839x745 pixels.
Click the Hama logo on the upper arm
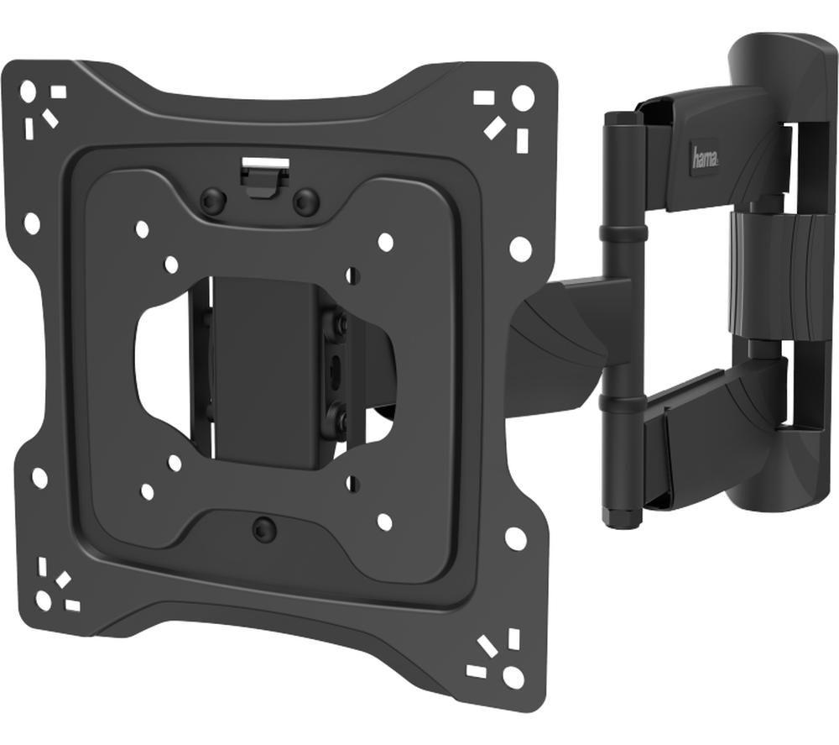(x=704, y=156)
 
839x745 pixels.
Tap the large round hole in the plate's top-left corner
(x=28, y=90)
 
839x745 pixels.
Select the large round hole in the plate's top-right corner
(x=523, y=97)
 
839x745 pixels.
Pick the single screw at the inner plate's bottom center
(x=264, y=529)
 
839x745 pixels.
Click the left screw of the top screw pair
(x=213, y=201)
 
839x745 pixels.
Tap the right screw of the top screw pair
(x=305, y=202)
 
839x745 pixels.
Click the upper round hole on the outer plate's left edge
(x=31, y=223)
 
